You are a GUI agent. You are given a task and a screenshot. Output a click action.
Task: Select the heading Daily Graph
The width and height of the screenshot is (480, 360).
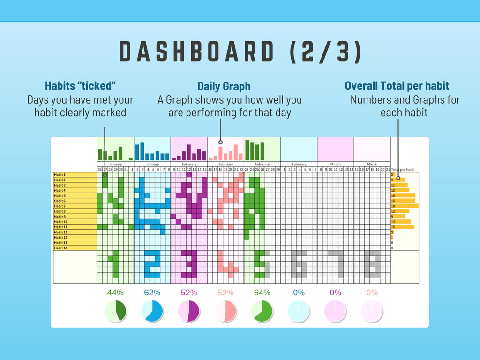click(x=224, y=86)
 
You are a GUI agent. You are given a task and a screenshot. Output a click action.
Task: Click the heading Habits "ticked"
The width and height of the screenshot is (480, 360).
click(x=80, y=86)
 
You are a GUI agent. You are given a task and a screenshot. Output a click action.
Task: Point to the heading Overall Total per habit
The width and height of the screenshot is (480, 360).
click(x=397, y=86)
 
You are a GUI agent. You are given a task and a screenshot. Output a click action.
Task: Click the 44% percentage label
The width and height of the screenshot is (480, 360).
click(x=115, y=292)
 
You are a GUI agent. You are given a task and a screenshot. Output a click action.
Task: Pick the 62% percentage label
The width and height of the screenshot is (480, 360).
click(x=152, y=292)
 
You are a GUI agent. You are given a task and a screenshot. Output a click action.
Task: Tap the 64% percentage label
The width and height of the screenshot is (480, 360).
click(x=262, y=292)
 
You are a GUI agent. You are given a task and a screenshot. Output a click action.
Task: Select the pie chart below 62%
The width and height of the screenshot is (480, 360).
click(x=152, y=311)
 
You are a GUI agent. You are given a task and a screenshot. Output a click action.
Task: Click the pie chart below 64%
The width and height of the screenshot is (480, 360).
click(x=262, y=311)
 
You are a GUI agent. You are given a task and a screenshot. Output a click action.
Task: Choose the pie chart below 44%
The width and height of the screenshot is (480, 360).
click(x=115, y=311)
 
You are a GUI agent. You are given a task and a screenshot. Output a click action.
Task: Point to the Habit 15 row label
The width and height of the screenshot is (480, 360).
click(x=60, y=248)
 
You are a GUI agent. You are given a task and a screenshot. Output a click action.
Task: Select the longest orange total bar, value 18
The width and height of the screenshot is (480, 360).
click(x=405, y=206)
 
